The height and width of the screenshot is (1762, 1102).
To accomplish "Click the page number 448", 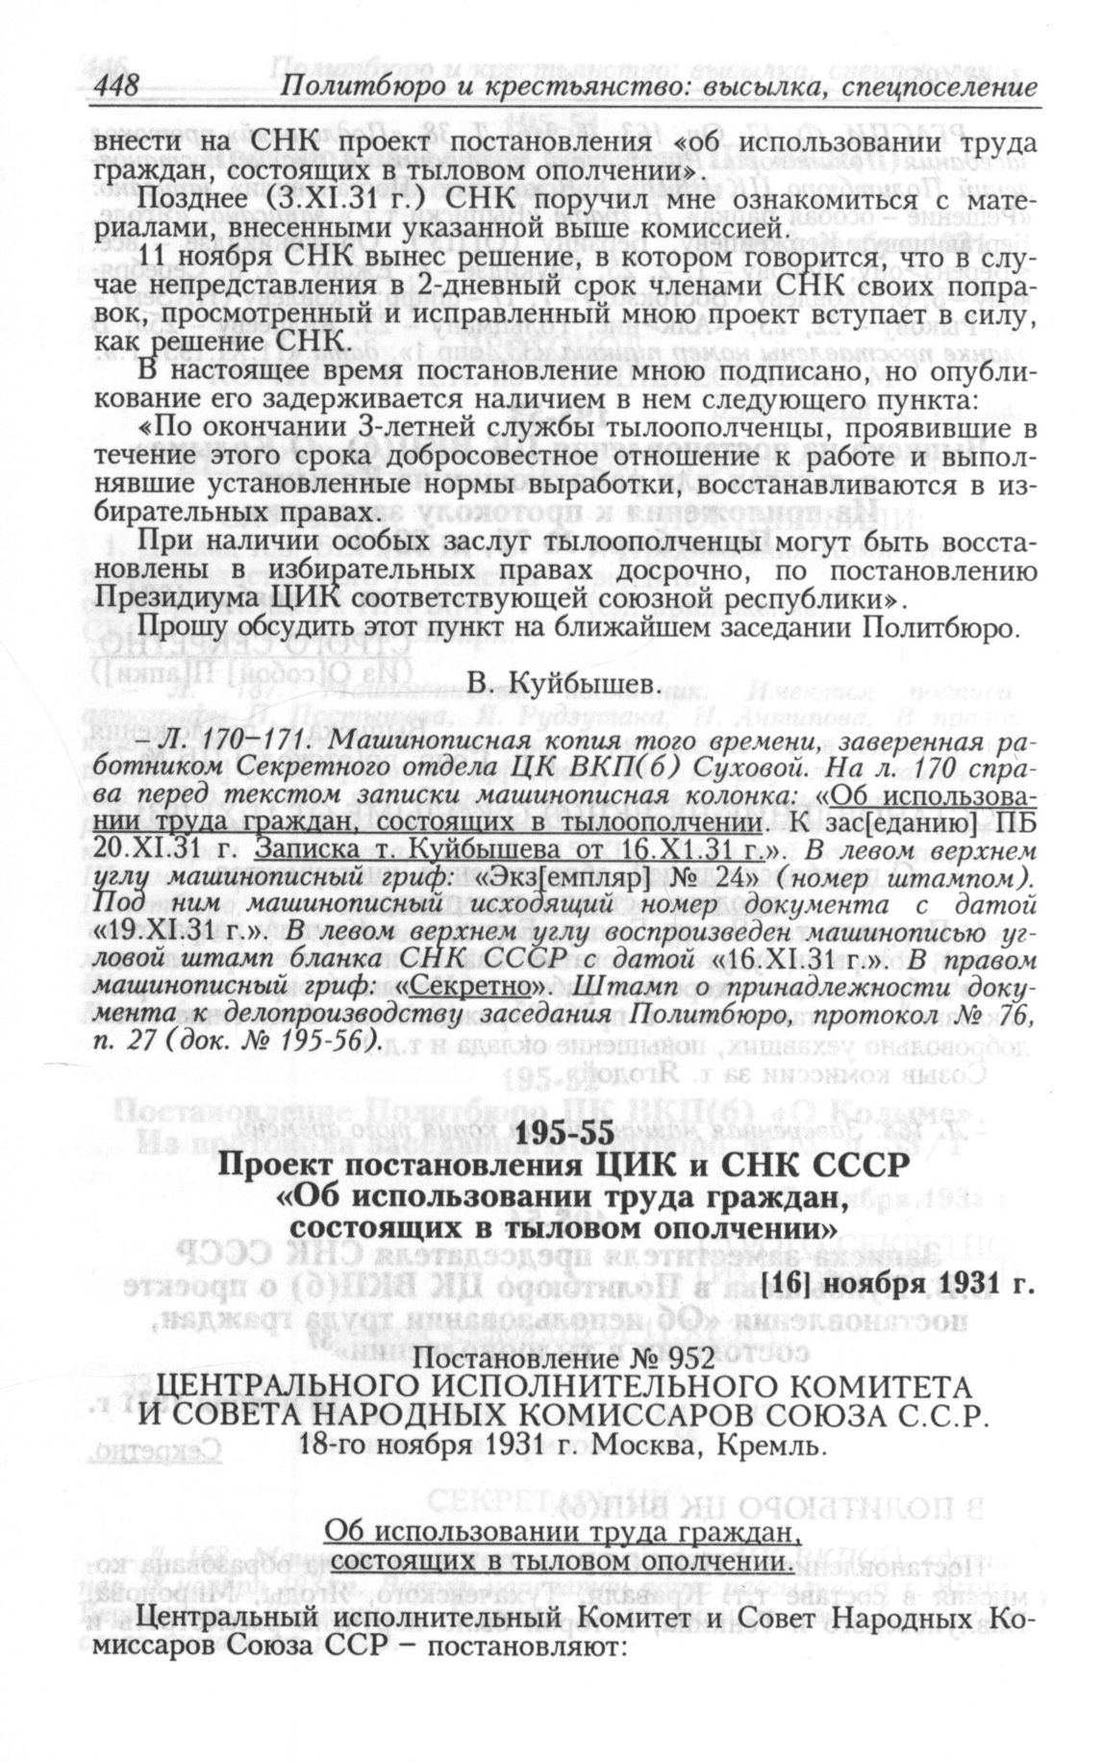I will [116, 88].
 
